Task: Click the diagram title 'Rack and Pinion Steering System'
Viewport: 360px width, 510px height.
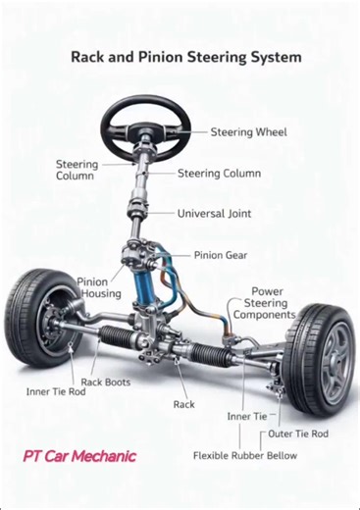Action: coord(185,57)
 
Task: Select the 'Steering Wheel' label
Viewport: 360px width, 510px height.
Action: coord(248,132)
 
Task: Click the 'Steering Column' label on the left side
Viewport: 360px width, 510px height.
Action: coord(75,170)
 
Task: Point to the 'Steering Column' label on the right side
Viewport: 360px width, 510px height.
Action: coord(219,174)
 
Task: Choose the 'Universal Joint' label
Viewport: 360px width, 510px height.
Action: coord(214,213)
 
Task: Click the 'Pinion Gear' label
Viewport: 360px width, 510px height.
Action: coord(221,255)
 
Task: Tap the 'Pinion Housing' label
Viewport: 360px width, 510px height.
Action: coord(99,287)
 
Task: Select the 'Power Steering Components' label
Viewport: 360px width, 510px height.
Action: coord(266,303)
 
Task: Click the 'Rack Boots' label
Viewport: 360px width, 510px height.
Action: coord(105,382)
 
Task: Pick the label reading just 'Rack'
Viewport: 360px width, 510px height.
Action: coord(183,404)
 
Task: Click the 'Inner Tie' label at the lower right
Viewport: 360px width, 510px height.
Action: coord(246,416)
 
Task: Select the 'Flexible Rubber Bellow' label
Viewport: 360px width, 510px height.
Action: coord(244,456)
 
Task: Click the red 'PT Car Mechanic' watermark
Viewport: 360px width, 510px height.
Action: coord(79,456)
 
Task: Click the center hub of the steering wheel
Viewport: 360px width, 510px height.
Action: coord(146,127)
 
